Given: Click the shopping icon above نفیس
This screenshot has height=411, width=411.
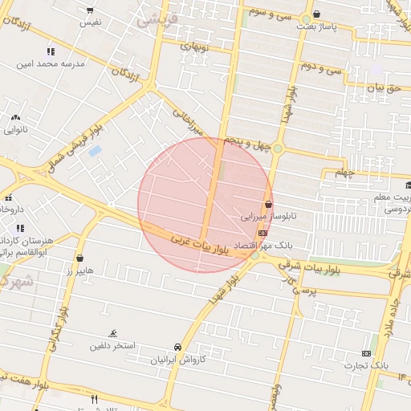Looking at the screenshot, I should [89, 11].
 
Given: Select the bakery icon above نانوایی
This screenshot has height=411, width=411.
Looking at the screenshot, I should [15, 117].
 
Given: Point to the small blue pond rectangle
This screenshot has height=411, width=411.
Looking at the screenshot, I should [95, 151].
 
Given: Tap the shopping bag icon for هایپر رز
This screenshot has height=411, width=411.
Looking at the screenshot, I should [80, 258].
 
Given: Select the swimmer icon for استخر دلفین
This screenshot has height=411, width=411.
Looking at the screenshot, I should [113, 333].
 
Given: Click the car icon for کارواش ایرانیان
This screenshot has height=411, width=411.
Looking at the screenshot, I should [177, 348].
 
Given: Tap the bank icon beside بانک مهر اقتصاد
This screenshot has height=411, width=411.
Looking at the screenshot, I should [262, 232].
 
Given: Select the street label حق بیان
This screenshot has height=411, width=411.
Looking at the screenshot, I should [382, 87].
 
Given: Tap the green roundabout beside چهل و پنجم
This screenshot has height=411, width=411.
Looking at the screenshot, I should [278, 149].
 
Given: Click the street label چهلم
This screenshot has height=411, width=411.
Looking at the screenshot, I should [344, 173].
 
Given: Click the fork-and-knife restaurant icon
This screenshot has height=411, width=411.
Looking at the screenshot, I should [94, 399].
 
